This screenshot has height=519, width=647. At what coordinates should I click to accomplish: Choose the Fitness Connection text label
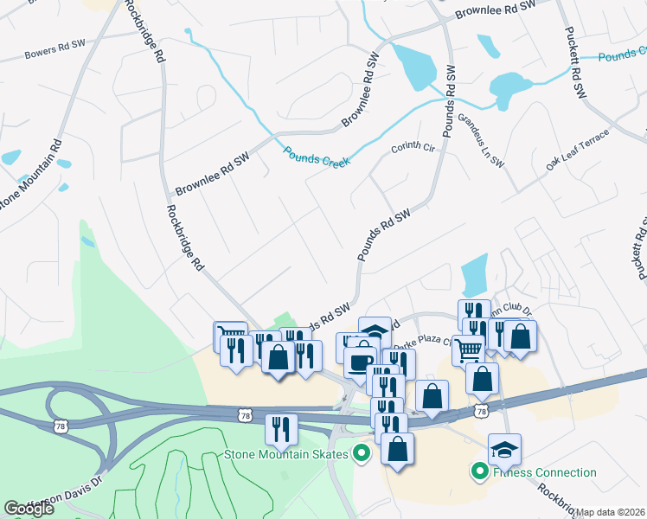tap(545, 472)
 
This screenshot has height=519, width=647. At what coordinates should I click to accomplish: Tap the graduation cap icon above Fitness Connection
tap(504, 449)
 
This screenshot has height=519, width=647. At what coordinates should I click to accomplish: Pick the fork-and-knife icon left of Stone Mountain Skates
tap(280, 428)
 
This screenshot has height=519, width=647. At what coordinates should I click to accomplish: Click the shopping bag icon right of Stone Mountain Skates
tap(397, 448)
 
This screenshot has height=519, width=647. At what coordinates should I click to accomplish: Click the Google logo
tap(29, 509)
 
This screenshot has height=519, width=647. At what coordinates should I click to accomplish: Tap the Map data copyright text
tap(611, 512)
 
